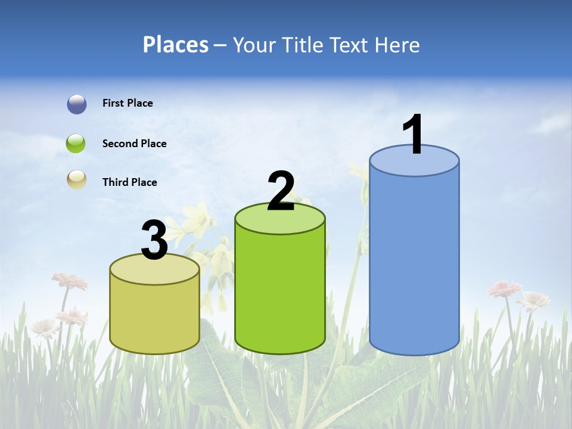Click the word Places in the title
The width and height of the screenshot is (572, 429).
click(x=176, y=45)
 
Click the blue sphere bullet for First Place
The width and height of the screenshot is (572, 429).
click(x=77, y=104)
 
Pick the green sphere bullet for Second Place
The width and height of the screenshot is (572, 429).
click(x=76, y=144)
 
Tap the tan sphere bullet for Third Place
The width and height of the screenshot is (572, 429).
click(x=76, y=179)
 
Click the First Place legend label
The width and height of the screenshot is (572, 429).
click(x=128, y=103)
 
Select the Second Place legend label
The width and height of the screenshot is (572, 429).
click(x=134, y=144)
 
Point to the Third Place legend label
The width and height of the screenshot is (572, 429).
click(x=129, y=182)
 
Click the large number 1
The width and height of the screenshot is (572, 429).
click(x=414, y=135)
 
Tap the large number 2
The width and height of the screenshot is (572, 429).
click(x=281, y=191)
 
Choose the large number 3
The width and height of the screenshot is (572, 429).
click(x=154, y=241)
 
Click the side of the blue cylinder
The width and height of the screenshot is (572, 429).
click(x=414, y=262)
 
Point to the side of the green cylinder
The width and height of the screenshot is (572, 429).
click(x=280, y=292)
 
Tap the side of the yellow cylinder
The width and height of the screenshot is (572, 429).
click(x=155, y=316)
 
